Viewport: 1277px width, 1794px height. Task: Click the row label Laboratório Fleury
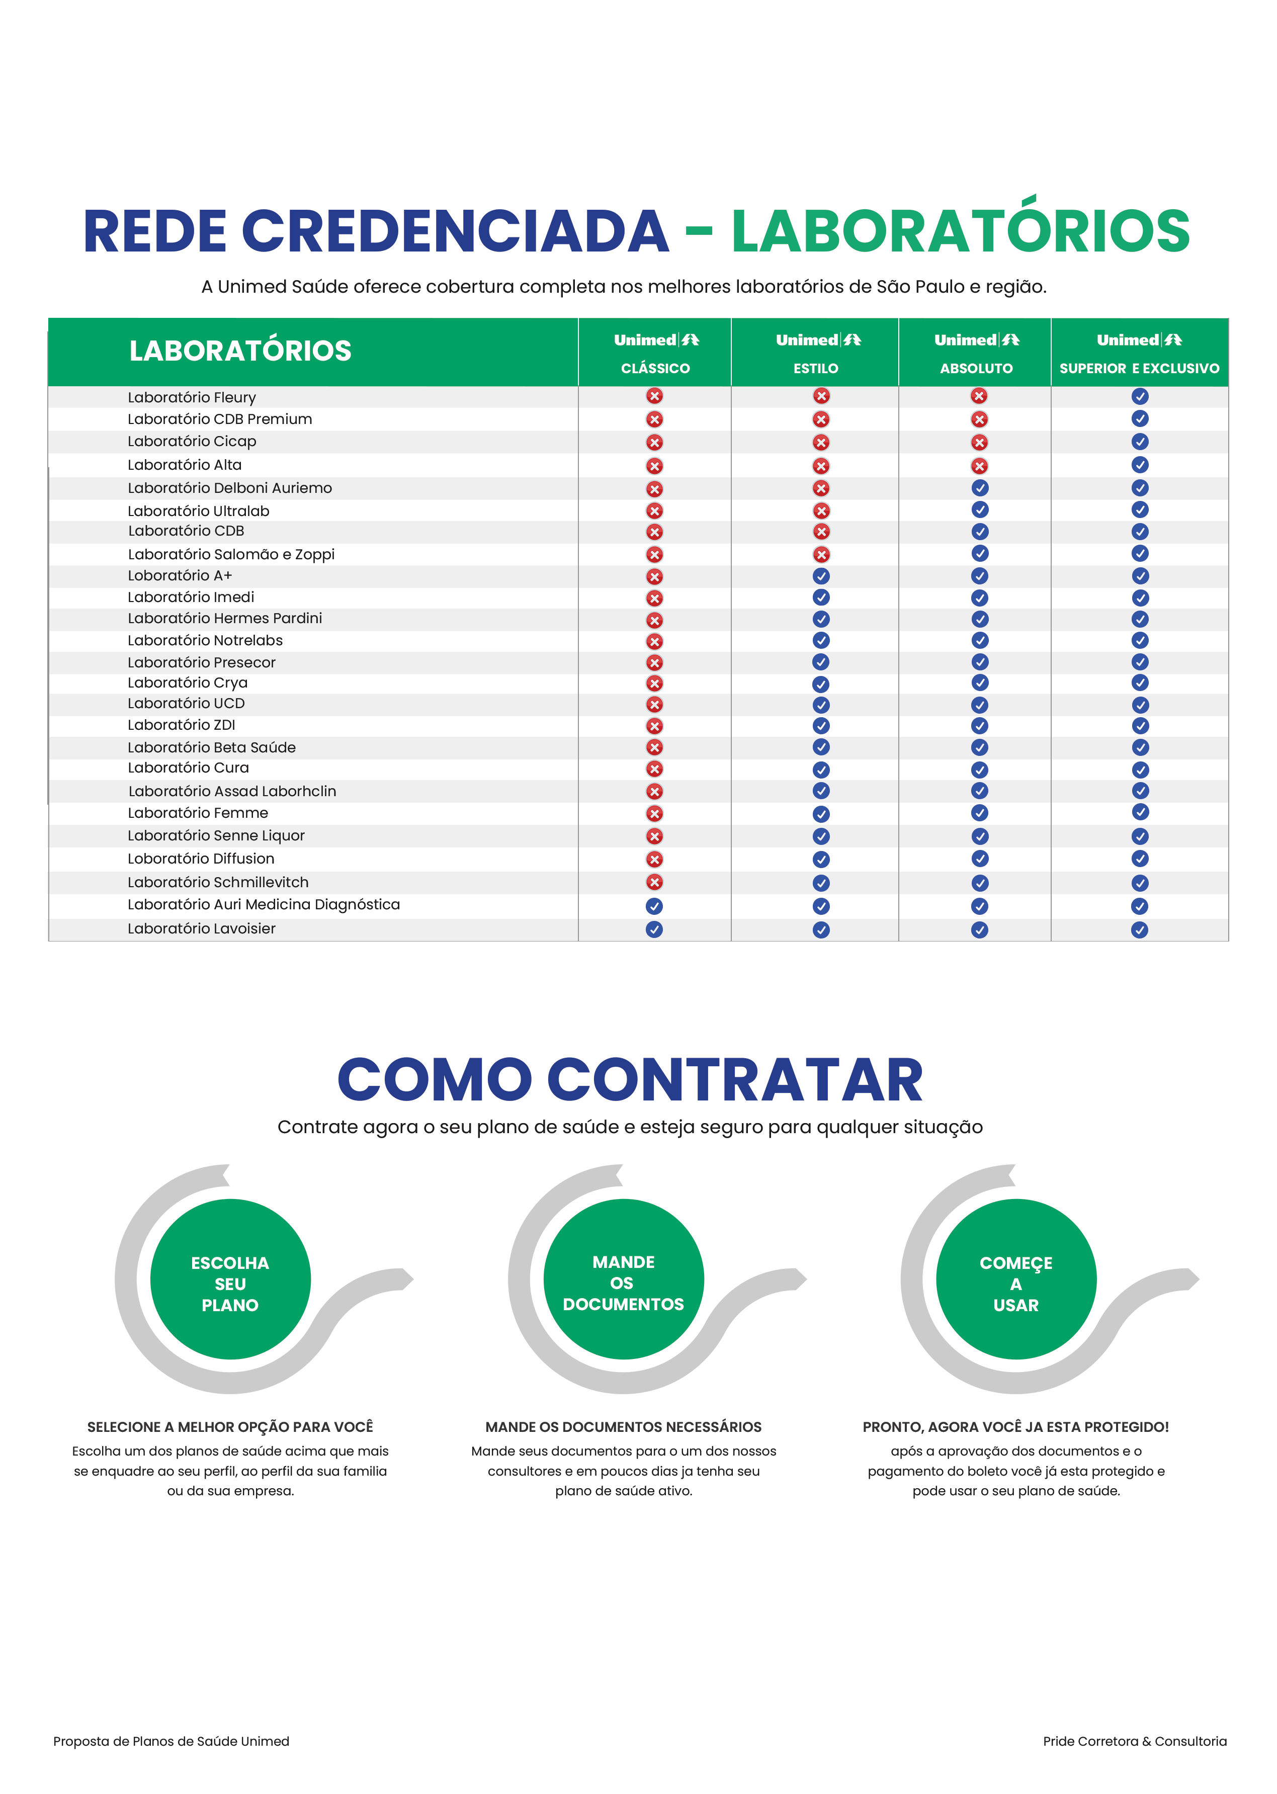(x=192, y=397)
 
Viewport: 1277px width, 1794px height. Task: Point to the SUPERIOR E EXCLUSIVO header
(x=1139, y=368)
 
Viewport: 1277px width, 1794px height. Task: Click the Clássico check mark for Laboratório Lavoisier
(x=654, y=929)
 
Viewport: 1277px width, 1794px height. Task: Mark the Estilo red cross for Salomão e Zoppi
(x=821, y=554)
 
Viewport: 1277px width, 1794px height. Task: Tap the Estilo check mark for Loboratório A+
(x=821, y=576)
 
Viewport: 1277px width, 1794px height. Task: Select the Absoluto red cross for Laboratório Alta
(x=979, y=465)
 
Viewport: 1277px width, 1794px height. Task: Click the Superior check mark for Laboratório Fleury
(x=1139, y=396)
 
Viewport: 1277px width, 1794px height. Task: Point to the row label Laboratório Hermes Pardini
(x=225, y=618)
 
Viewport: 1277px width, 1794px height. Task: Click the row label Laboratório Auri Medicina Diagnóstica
(x=264, y=904)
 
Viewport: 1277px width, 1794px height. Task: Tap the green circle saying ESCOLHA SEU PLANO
(x=230, y=1279)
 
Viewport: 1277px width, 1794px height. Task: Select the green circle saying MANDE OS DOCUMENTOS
(x=624, y=1279)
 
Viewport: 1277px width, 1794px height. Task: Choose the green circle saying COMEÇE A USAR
(x=1016, y=1279)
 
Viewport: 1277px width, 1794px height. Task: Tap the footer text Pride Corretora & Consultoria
(x=1135, y=1741)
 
